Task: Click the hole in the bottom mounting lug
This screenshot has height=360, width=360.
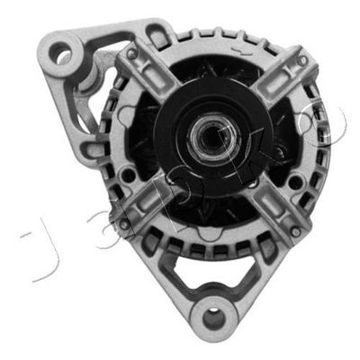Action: coord(213,317)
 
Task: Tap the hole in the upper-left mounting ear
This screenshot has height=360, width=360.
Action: coord(62,55)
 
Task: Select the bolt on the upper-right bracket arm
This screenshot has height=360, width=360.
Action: coord(303,60)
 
